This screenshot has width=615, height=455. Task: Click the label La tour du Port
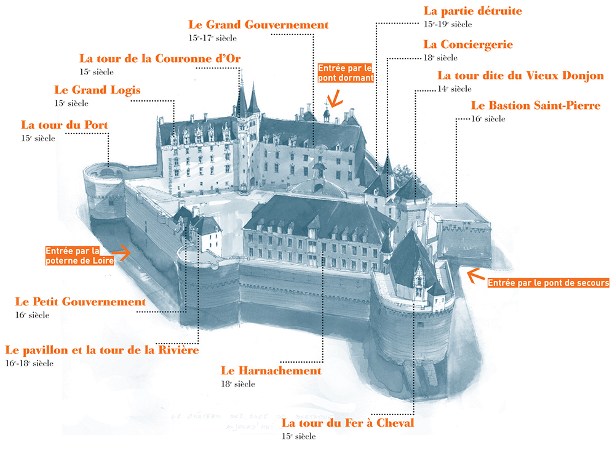pyautogui.click(x=65, y=125)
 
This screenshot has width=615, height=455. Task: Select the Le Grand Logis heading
pyautogui.click(x=97, y=90)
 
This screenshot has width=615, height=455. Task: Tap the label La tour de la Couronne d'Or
pyautogui.click(x=160, y=58)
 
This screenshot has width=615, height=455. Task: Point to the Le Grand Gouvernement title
pyautogui.click(x=258, y=25)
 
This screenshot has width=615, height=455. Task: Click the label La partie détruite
pyautogui.click(x=473, y=11)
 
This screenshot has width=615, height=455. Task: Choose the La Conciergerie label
pyautogui.click(x=468, y=44)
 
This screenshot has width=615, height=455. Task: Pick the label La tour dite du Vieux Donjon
pyautogui.click(x=520, y=76)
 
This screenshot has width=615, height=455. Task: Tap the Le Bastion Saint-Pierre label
pyautogui.click(x=535, y=106)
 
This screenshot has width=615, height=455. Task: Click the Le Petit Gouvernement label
pyautogui.click(x=81, y=302)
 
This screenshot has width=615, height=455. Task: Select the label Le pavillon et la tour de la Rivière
pyautogui.click(x=102, y=350)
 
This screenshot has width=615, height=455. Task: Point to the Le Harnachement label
pyautogui.click(x=271, y=371)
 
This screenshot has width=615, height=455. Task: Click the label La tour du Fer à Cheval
pyautogui.click(x=347, y=423)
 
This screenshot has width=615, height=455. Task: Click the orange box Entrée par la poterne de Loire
pyautogui.click(x=81, y=256)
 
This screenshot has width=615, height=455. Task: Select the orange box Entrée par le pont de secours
pyautogui.click(x=547, y=283)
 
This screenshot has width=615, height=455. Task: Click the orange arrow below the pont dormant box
pyautogui.click(x=335, y=99)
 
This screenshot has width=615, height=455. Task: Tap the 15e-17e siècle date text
pyautogui.click(x=213, y=38)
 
